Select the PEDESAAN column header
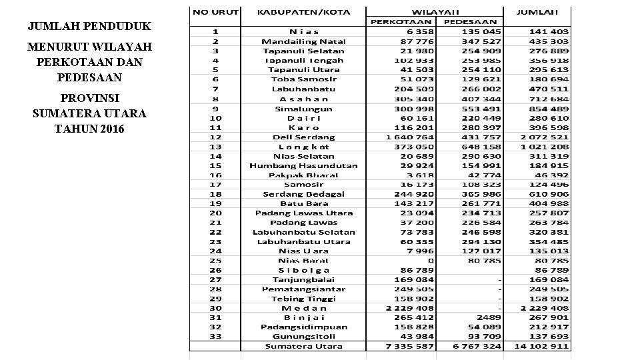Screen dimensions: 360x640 click(470, 22)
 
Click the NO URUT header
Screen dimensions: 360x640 click(215, 12)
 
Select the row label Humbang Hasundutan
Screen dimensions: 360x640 click(303, 166)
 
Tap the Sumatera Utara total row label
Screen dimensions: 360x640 click(303, 347)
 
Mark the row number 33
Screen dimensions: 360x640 click(216, 337)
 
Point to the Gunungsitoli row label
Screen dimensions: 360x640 click(303, 337)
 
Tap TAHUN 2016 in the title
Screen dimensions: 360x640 click(89, 129)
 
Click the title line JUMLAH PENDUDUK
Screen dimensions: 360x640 click(89, 27)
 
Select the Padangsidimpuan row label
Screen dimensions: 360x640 click(303, 327)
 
